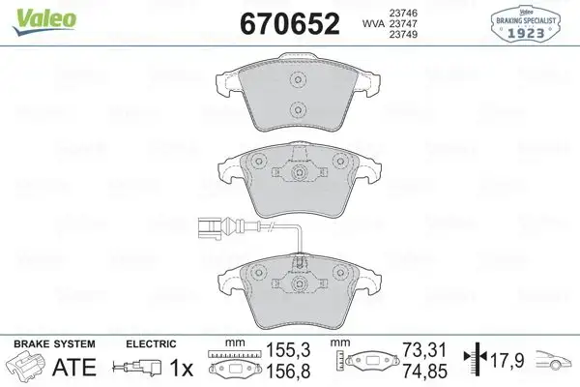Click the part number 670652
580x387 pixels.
(281, 22)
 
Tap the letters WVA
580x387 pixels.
(362, 24)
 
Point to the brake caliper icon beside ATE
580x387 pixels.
(26, 368)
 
